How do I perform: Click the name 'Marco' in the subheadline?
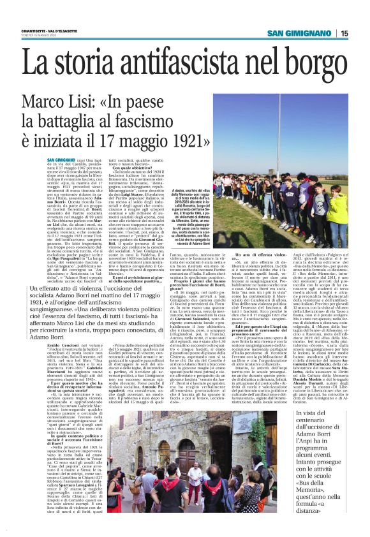pyautogui.click(x=46, y=103)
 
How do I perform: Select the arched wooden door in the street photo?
pyautogui.click(x=164, y=440)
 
